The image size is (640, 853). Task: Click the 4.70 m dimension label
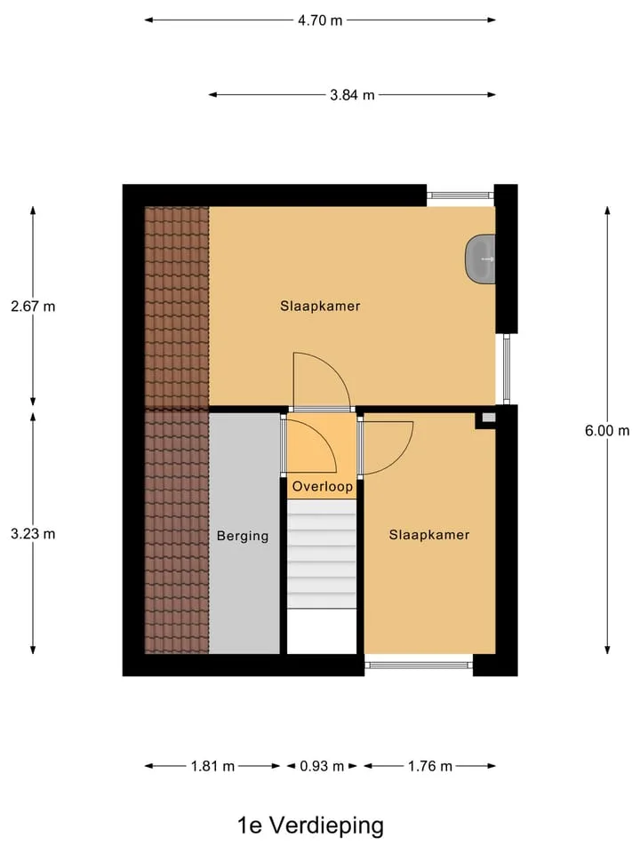[x=320, y=20]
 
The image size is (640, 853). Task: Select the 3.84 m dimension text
[x=352, y=95]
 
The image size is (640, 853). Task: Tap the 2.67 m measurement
[x=33, y=307]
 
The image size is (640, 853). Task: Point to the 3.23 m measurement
[x=33, y=534]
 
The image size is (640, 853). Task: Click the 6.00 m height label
[x=607, y=431]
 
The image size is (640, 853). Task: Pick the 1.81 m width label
[x=212, y=767]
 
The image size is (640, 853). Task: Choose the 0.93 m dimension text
[x=322, y=767]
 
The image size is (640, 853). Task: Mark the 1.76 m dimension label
[x=430, y=767]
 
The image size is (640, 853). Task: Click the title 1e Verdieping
[x=311, y=825]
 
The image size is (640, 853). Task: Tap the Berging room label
[x=243, y=536]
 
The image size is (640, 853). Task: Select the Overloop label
[x=322, y=486]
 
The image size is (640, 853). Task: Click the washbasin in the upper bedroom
[x=480, y=259]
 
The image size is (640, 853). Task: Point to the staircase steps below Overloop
[x=322, y=554]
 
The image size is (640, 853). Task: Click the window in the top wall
[x=460, y=195]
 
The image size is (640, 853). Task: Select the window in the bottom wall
[x=418, y=665]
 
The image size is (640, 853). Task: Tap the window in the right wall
[x=506, y=369]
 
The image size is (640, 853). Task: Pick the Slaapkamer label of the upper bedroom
[x=320, y=307]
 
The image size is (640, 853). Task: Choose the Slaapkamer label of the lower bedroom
[x=428, y=535]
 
